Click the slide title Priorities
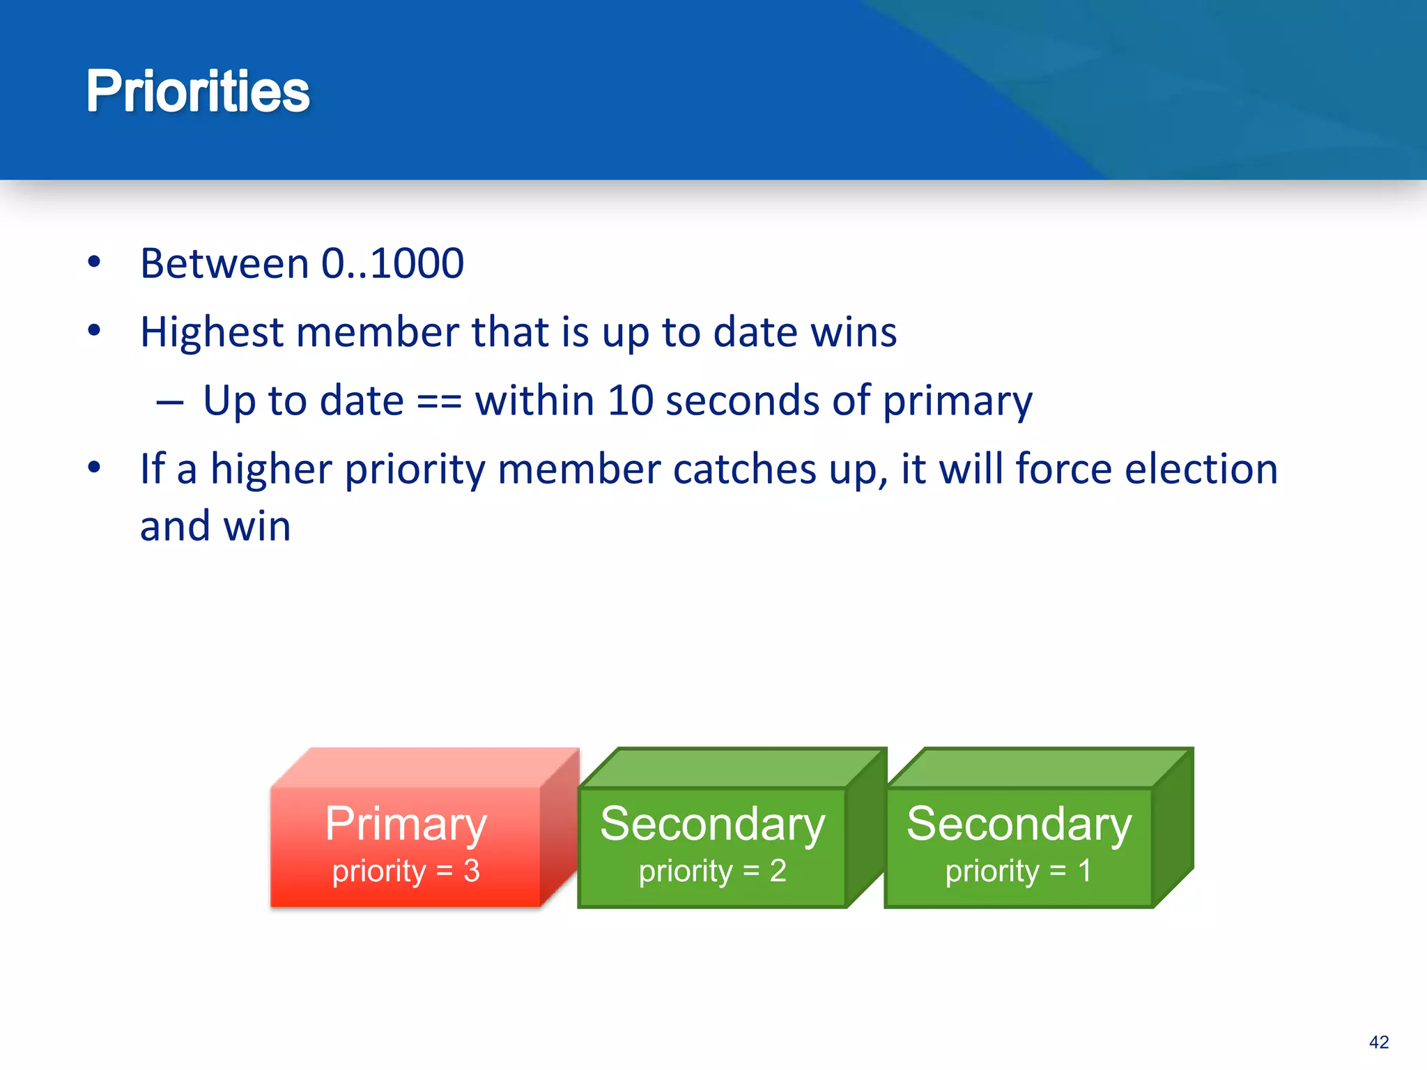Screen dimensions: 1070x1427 [198, 92]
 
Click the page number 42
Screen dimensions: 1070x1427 [1378, 1042]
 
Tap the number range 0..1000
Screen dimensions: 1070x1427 [392, 264]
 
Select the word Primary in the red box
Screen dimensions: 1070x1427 [406, 825]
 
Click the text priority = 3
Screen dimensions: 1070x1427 [406, 871]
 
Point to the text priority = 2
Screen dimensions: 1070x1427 [712, 871]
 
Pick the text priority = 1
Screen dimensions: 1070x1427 [1018, 871]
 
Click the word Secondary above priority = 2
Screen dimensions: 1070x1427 [712, 825]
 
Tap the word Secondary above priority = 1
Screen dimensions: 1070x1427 [1019, 825]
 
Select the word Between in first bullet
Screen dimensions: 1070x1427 [224, 264]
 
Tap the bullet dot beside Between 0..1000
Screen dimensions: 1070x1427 [94, 263]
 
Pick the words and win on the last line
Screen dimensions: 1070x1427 [215, 527]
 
